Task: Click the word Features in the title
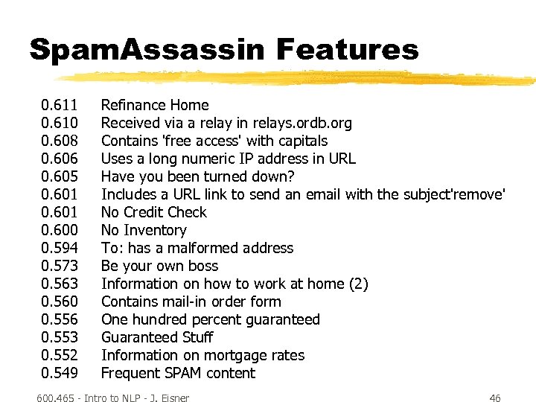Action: point(348,50)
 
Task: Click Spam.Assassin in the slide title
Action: point(146,50)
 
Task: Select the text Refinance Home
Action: point(155,105)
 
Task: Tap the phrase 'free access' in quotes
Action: point(205,141)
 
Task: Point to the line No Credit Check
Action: point(153,212)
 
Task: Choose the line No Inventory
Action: point(144,230)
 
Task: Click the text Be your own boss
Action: point(159,266)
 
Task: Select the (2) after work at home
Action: point(359,284)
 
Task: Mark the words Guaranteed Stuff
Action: point(157,337)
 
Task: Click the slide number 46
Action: point(495,398)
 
